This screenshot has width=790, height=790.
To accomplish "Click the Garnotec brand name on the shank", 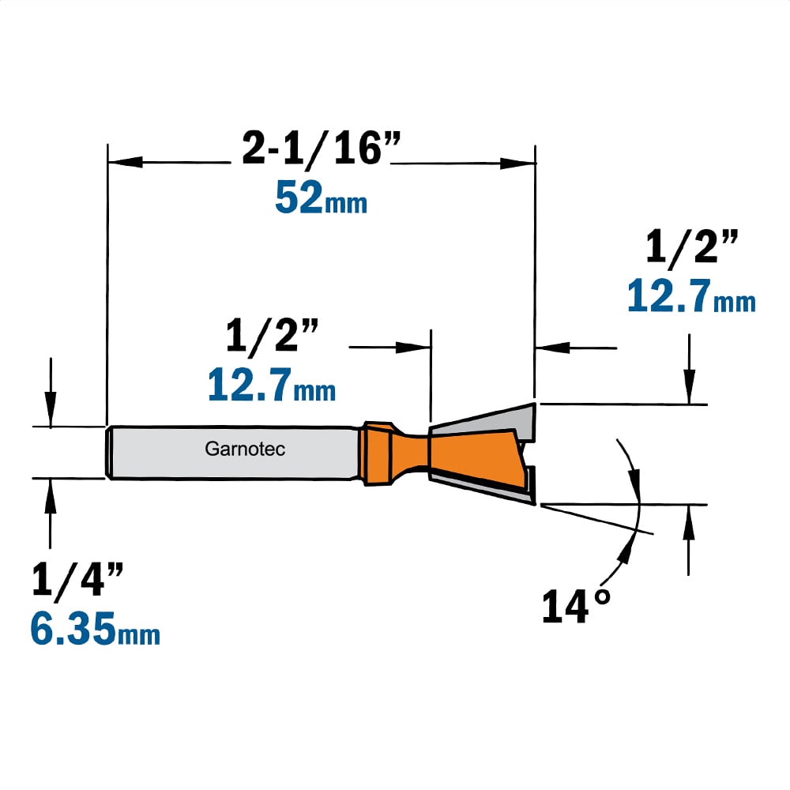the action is point(245,449).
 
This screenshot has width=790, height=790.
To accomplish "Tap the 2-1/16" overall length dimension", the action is point(321,148).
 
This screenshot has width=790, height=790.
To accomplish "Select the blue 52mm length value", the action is point(321,198).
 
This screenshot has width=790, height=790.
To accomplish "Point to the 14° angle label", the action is point(577,605).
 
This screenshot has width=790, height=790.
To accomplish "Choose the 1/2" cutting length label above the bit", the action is point(272,335).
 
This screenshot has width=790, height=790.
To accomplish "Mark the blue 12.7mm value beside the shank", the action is point(272,385).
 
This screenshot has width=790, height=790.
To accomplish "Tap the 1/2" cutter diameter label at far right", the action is point(692,246).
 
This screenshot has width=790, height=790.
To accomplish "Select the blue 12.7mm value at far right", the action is point(691,295).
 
